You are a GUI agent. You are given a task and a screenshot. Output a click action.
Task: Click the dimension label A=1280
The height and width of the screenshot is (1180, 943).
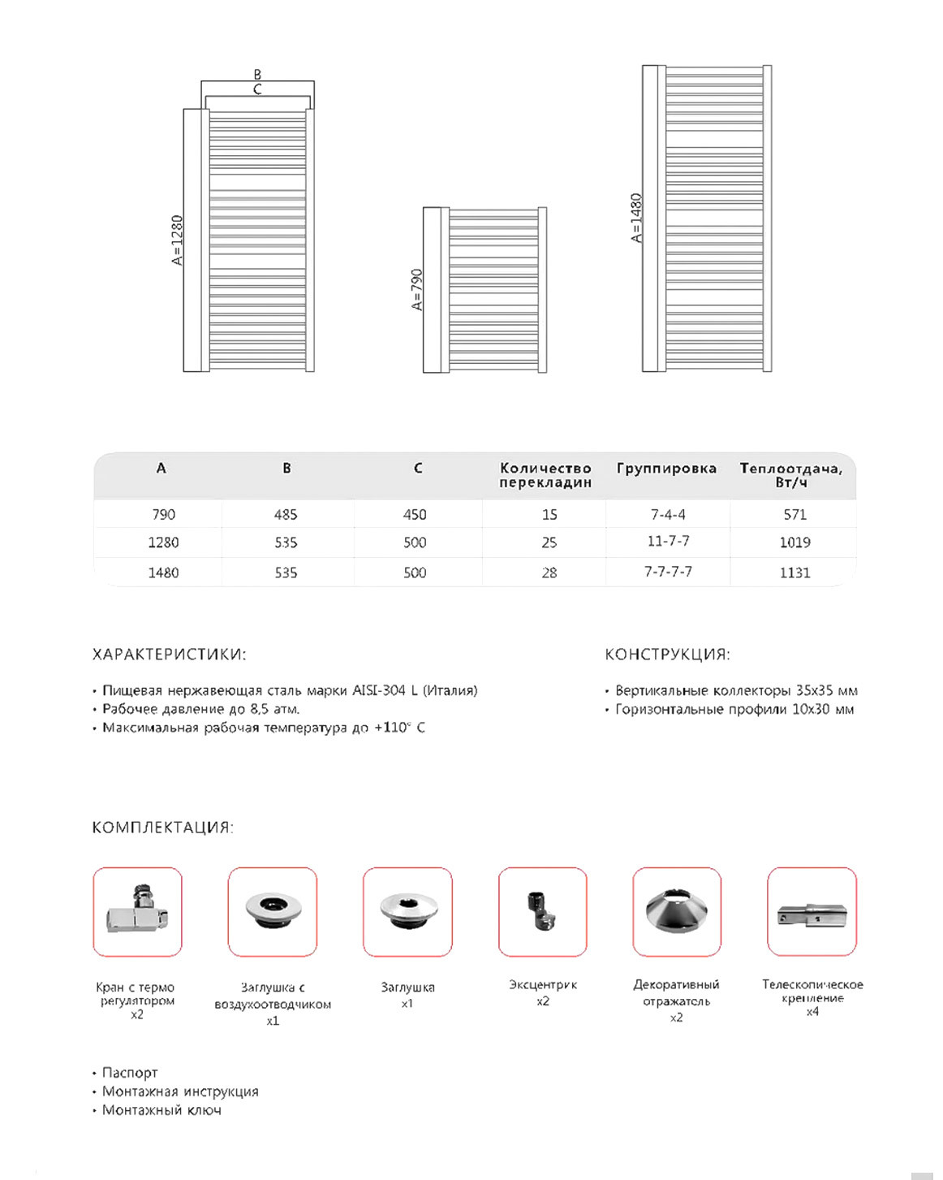(x=178, y=240)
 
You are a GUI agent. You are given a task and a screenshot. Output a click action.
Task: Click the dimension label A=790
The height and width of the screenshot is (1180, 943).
(x=417, y=290)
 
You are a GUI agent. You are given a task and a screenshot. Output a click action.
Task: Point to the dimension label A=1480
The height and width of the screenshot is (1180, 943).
(x=637, y=218)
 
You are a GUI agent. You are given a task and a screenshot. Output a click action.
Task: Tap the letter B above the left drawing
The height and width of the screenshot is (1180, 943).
(x=257, y=75)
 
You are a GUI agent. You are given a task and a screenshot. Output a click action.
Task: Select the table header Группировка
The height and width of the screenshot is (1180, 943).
(x=666, y=469)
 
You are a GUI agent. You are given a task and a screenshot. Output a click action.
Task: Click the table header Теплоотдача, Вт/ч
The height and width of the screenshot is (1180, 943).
(x=791, y=475)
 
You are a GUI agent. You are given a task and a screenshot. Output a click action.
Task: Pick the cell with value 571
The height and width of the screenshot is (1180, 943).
(x=795, y=514)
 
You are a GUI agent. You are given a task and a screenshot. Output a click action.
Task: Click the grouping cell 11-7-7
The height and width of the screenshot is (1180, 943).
(x=669, y=541)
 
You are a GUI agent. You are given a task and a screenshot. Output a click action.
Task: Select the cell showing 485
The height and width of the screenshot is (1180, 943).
(x=286, y=514)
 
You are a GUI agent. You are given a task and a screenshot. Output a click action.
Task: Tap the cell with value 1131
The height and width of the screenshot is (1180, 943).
(x=795, y=573)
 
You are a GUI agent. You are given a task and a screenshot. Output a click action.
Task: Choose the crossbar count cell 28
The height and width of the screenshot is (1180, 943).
(x=549, y=573)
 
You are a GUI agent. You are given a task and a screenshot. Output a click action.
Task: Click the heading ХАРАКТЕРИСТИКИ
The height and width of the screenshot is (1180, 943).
(x=169, y=655)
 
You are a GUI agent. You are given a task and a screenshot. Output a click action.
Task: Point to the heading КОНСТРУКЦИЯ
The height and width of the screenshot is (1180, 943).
(x=667, y=655)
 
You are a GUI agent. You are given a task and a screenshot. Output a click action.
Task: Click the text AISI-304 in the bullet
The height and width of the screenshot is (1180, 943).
(x=379, y=690)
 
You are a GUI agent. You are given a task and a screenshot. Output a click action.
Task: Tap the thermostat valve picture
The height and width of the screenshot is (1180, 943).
(x=138, y=911)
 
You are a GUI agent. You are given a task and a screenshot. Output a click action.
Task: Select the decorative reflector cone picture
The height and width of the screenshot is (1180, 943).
(x=677, y=911)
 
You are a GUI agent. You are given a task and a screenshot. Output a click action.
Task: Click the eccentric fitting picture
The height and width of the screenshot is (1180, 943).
(x=542, y=911)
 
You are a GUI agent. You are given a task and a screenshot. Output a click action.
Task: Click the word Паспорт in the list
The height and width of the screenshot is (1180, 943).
(x=130, y=1073)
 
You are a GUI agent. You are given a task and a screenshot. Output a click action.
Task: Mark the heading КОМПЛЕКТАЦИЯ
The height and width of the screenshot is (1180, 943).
(x=162, y=828)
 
